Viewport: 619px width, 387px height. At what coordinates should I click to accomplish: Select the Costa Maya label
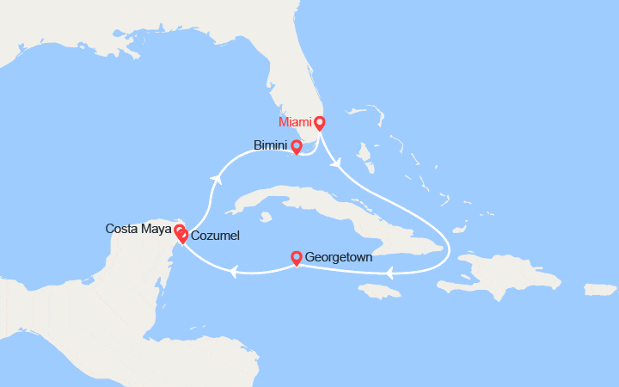pos(138,229)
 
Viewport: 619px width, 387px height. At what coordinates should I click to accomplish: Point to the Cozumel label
pos(215,236)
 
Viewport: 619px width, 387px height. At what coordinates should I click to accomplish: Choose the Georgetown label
pos(340,257)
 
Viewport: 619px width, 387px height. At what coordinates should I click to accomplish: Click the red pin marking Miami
pos(319,122)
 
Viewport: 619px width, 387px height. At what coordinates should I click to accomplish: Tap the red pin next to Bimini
pos(297,146)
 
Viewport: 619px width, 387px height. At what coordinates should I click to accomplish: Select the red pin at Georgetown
pos(297,256)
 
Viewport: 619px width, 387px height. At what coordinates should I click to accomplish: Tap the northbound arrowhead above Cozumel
pos(217,178)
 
